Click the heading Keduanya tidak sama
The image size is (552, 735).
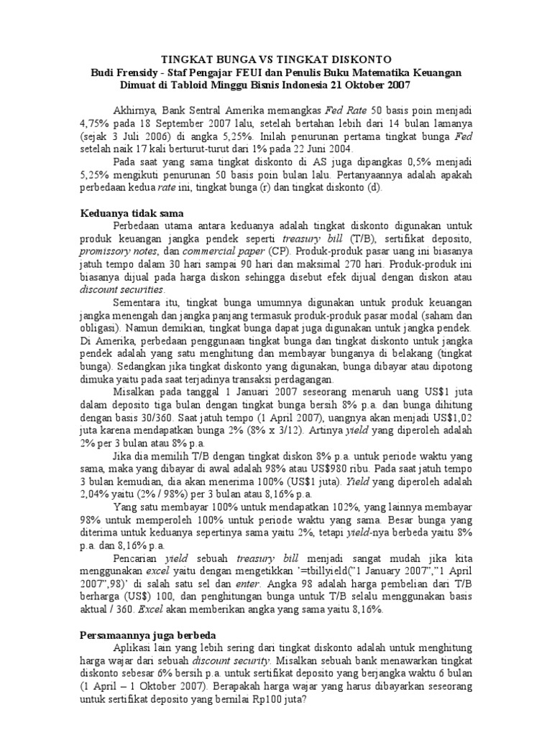[x=131, y=213]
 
